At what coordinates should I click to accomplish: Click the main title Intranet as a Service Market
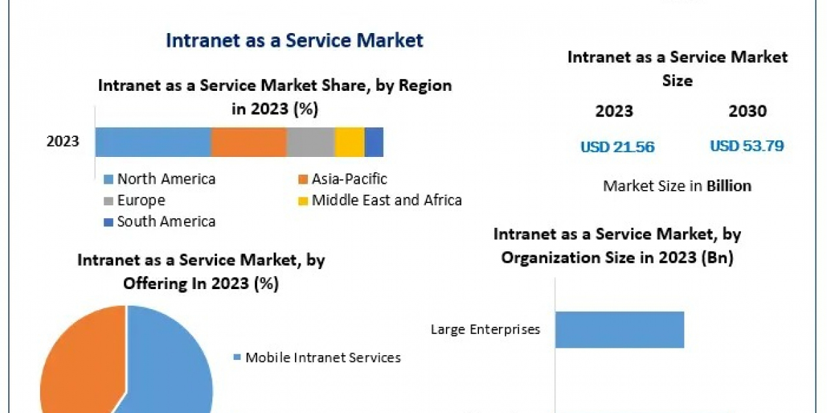294,40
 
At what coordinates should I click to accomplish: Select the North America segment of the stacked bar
153,142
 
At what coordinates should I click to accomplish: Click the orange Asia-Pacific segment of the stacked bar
248,142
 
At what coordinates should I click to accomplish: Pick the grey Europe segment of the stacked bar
310,142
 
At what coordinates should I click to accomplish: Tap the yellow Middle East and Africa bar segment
349,142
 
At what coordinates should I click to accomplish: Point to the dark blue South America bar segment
374,142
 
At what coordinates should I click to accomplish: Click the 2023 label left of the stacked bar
63,142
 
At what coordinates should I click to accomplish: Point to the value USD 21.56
617,147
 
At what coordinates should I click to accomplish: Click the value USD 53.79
747,146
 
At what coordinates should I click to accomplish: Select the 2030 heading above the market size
747,112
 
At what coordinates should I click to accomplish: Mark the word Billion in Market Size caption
729,186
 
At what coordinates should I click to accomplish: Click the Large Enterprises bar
619,329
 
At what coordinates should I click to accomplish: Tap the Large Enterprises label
485,329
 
